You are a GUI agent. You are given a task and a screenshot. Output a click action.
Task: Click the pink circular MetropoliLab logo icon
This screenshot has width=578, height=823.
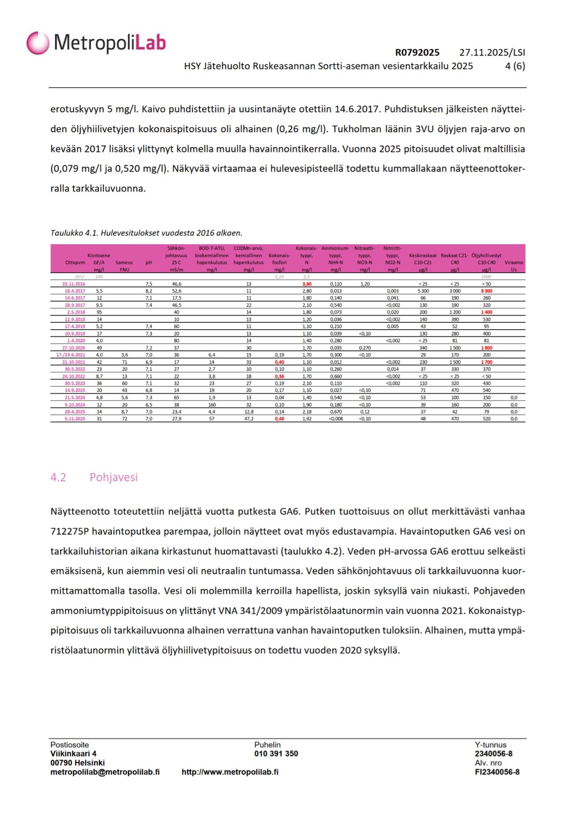click(37, 43)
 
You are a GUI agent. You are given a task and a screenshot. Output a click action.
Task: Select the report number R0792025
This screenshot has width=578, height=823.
click(417, 52)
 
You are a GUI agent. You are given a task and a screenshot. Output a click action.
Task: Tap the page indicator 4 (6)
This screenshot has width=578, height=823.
click(515, 66)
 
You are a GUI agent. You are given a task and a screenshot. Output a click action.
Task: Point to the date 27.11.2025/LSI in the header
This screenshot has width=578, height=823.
click(492, 52)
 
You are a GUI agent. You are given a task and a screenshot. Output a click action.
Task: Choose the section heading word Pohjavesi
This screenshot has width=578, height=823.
click(113, 477)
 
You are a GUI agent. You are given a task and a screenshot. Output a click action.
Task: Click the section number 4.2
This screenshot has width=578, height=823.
click(58, 477)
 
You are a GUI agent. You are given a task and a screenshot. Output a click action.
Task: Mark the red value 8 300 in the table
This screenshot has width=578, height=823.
click(486, 291)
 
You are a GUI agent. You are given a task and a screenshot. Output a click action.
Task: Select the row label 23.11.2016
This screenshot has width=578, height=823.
click(74, 284)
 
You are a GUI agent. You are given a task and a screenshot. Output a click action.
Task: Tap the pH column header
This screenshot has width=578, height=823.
click(149, 262)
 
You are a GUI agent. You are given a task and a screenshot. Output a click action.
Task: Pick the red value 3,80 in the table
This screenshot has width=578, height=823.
click(307, 284)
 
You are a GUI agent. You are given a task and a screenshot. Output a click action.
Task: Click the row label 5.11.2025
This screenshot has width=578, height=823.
click(74, 419)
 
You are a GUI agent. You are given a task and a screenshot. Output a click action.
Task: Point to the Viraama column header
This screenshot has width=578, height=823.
click(513, 262)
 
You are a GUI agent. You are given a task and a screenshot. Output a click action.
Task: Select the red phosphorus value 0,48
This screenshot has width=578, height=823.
click(280, 419)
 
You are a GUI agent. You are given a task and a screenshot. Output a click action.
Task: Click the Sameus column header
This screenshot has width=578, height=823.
click(124, 262)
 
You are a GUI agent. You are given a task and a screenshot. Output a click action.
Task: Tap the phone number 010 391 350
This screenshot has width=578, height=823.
click(276, 753)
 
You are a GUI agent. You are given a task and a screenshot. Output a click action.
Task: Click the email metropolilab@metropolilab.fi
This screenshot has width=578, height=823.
click(105, 772)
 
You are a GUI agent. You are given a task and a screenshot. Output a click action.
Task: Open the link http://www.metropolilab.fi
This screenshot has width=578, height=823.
click(230, 772)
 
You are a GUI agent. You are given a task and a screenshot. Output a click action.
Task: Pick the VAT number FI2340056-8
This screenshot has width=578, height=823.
click(497, 772)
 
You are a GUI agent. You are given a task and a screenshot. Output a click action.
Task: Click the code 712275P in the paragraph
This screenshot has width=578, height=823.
click(70, 531)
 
